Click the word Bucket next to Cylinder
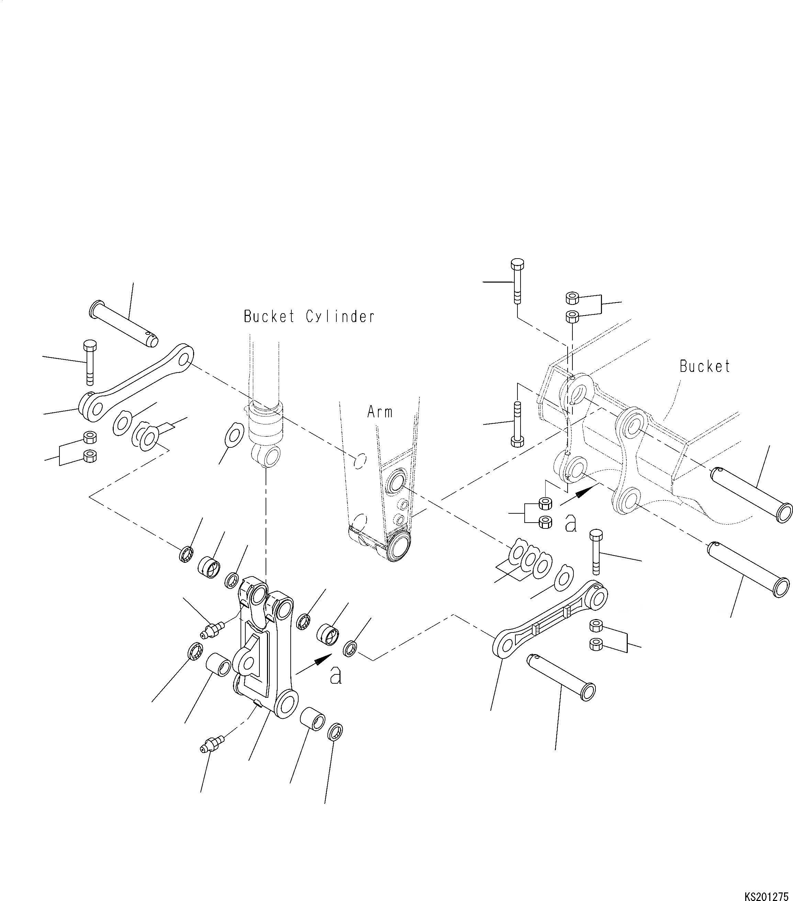coord(269,317)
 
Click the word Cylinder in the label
coord(340,317)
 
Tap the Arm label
coord(380,412)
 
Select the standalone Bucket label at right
coord(705,366)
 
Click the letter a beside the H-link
coord(336,676)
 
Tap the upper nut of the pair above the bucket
coord(572,298)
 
